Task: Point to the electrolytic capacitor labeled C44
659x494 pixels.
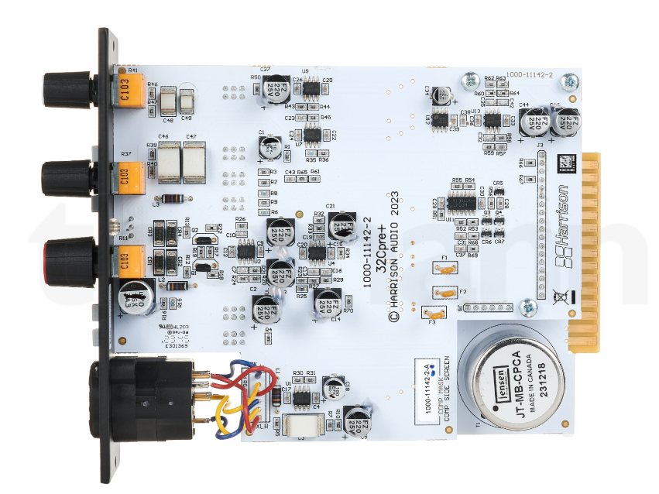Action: tap(534, 120)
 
